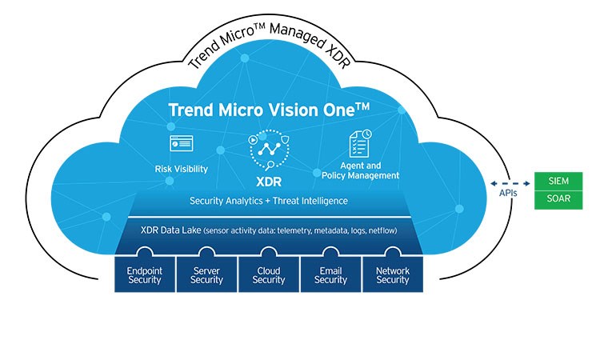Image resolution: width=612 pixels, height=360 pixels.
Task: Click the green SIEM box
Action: coord(558,179)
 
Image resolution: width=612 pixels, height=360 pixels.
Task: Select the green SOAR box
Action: coord(558,198)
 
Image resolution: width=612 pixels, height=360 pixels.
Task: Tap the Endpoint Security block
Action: coord(144,274)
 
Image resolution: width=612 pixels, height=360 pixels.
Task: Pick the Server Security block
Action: coord(206,274)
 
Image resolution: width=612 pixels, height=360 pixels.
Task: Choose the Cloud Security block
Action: coord(269,274)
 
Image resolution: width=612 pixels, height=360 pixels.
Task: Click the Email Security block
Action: coord(330,274)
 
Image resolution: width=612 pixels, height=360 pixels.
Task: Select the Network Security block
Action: coord(393,274)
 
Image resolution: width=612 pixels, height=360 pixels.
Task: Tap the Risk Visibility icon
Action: coord(181,145)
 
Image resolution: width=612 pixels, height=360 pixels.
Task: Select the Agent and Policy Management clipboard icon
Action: coord(358,144)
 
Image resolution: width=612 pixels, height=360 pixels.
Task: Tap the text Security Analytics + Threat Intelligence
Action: coord(268,200)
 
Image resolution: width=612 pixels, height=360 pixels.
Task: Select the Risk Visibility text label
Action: coord(181,169)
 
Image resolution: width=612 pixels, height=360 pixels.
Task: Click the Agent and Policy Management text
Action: coord(360,170)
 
